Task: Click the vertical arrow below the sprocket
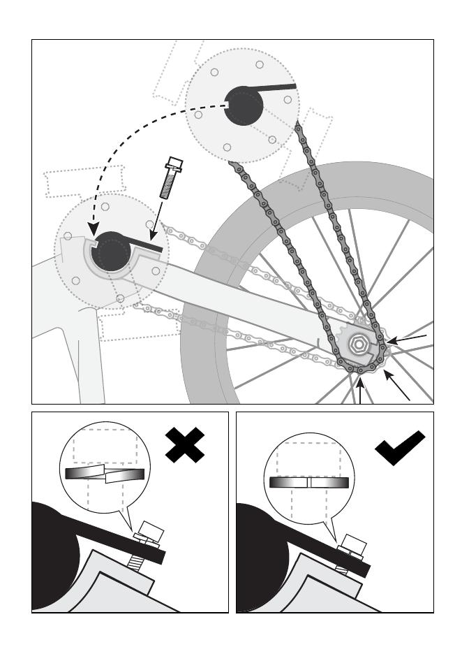pos(360,391)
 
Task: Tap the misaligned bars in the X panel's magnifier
pos(105,474)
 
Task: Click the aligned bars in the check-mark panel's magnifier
pos(308,482)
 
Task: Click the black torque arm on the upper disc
pos(278,88)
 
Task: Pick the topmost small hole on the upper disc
pos(259,64)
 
